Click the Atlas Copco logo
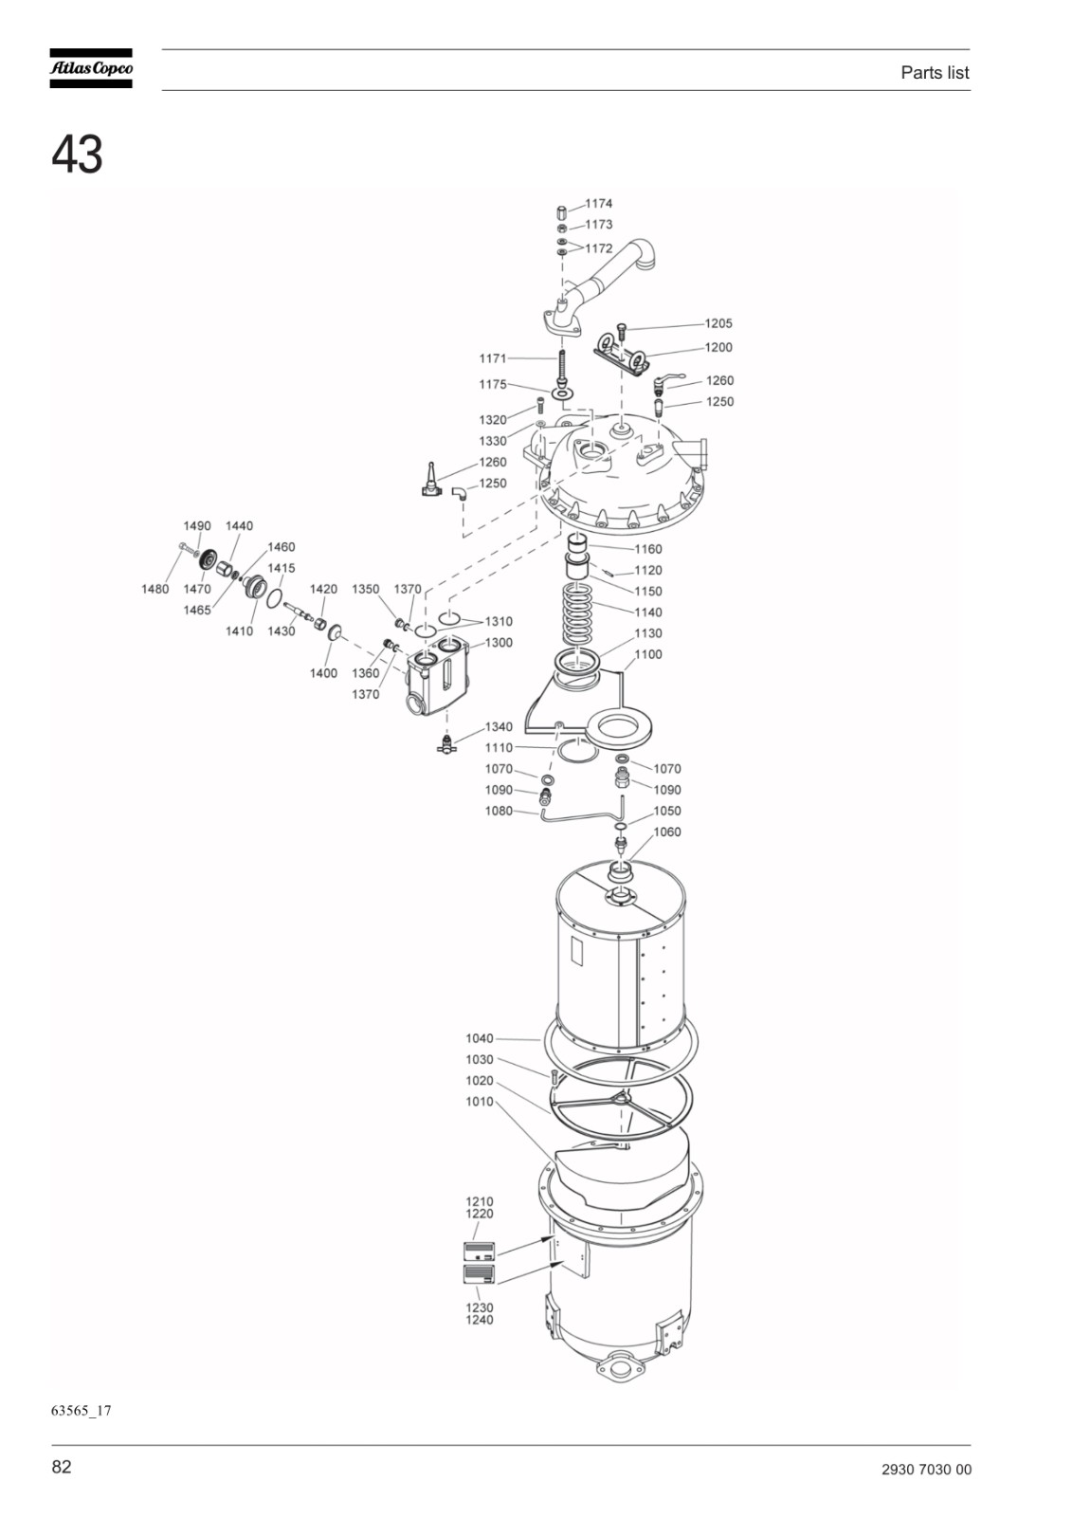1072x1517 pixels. click(91, 68)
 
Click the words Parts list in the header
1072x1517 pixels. click(935, 72)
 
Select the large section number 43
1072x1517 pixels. click(77, 155)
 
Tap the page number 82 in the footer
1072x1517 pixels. click(61, 1466)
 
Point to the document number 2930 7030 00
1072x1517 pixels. click(926, 1470)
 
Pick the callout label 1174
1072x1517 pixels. click(599, 203)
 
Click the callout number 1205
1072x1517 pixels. click(718, 323)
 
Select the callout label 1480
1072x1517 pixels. click(155, 589)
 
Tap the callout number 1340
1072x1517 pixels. click(499, 726)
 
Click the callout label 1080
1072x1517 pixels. click(499, 811)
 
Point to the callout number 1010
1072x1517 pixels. click(480, 1101)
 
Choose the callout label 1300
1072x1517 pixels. click(499, 642)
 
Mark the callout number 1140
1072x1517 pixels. click(648, 612)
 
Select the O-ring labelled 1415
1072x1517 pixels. click(275, 598)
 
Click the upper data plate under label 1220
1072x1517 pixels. click(479, 1251)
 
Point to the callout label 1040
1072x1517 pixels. click(480, 1038)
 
